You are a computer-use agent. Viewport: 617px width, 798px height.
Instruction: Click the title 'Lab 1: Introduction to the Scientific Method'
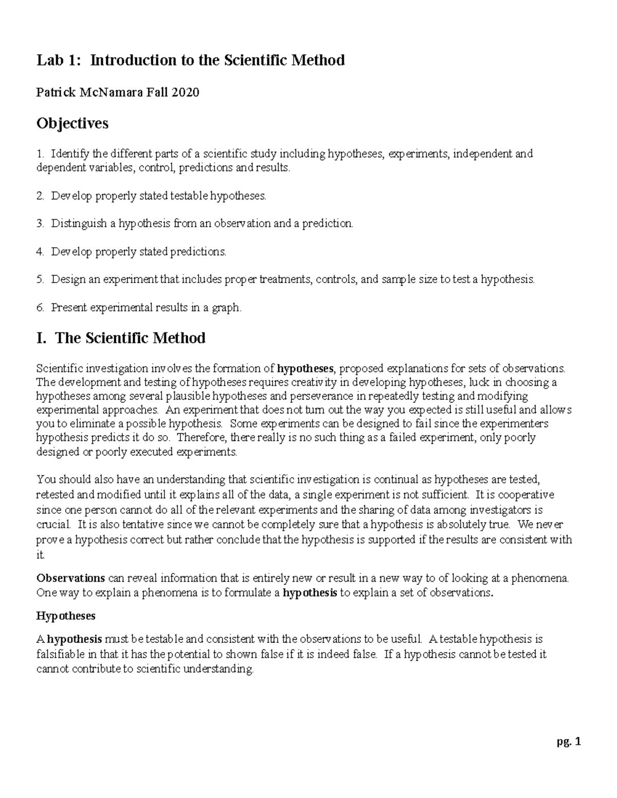pyautogui.click(x=190, y=61)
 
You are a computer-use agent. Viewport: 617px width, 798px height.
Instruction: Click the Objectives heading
pyautogui.click(x=72, y=123)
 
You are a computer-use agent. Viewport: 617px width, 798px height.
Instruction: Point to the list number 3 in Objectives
pyautogui.click(x=40, y=224)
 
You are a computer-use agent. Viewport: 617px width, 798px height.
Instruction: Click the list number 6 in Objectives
pyautogui.click(x=40, y=308)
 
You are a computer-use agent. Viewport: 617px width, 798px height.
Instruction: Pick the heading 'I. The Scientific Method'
pyautogui.click(x=121, y=338)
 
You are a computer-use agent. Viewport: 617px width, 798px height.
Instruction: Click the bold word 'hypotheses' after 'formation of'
pyautogui.click(x=305, y=368)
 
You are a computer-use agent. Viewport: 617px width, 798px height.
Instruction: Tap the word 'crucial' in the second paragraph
pyautogui.click(x=53, y=525)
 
